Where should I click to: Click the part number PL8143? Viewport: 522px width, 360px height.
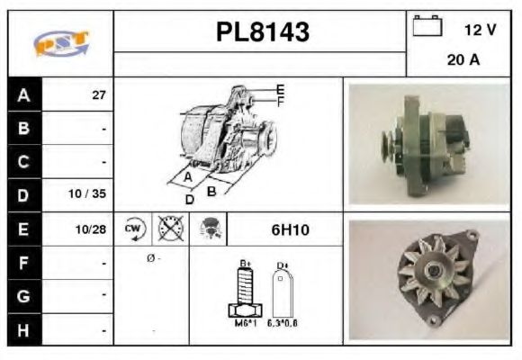click(x=263, y=32)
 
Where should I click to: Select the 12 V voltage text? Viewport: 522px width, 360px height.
click(x=480, y=30)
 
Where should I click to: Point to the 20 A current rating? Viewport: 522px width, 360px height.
click(x=463, y=61)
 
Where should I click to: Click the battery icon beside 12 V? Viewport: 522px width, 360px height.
click(x=426, y=27)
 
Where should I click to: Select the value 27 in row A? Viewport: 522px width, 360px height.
click(x=99, y=95)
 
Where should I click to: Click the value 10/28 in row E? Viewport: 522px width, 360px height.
click(x=93, y=229)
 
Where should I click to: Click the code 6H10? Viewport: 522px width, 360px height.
click(x=290, y=229)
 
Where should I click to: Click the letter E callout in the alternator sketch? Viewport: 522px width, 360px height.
click(x=281, y=89)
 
